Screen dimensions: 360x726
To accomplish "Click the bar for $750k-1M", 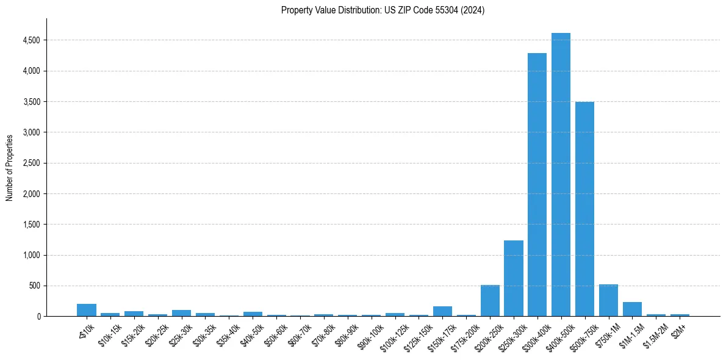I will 608,301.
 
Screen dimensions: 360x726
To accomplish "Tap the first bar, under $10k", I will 87,310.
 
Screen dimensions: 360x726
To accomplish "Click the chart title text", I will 383,10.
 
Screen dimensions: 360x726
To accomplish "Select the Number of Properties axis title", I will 10,168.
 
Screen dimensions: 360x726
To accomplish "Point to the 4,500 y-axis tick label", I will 31,40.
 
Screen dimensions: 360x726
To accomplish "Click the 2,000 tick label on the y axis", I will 31,194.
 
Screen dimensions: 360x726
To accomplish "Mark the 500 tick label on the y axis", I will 35,286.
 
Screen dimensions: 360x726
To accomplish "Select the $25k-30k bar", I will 181,313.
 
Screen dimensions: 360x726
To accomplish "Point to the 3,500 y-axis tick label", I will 31,102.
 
